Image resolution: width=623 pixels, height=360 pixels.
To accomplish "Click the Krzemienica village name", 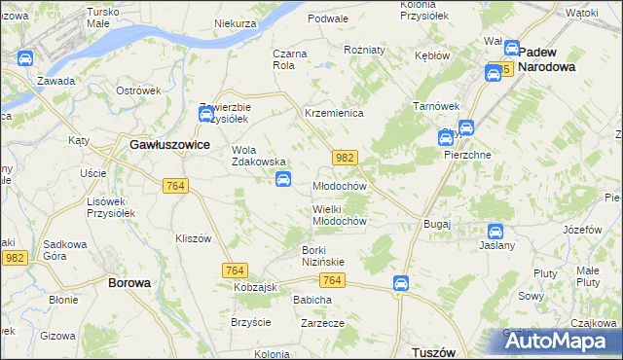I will click(x=334, y=113).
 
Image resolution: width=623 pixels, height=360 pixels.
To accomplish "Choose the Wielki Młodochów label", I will click(x=339, y=214).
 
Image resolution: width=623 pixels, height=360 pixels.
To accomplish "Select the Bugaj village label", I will click(x=436, y=224).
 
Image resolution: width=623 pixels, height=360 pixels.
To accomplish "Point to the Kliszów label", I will click(x=193, y=238).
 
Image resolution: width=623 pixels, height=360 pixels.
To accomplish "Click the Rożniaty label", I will click(x=365, y=49).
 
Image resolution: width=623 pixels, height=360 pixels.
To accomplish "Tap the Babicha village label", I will click(x=312, y=300).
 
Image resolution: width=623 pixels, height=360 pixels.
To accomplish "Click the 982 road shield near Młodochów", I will click(x=344, y=157).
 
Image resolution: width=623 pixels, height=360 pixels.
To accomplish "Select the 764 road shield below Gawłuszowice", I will click(x=176, y=186).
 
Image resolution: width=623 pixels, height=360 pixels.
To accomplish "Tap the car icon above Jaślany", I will click(x=495, y=232).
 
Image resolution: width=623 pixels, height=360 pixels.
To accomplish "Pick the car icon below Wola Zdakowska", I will click(x=283, y=178).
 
